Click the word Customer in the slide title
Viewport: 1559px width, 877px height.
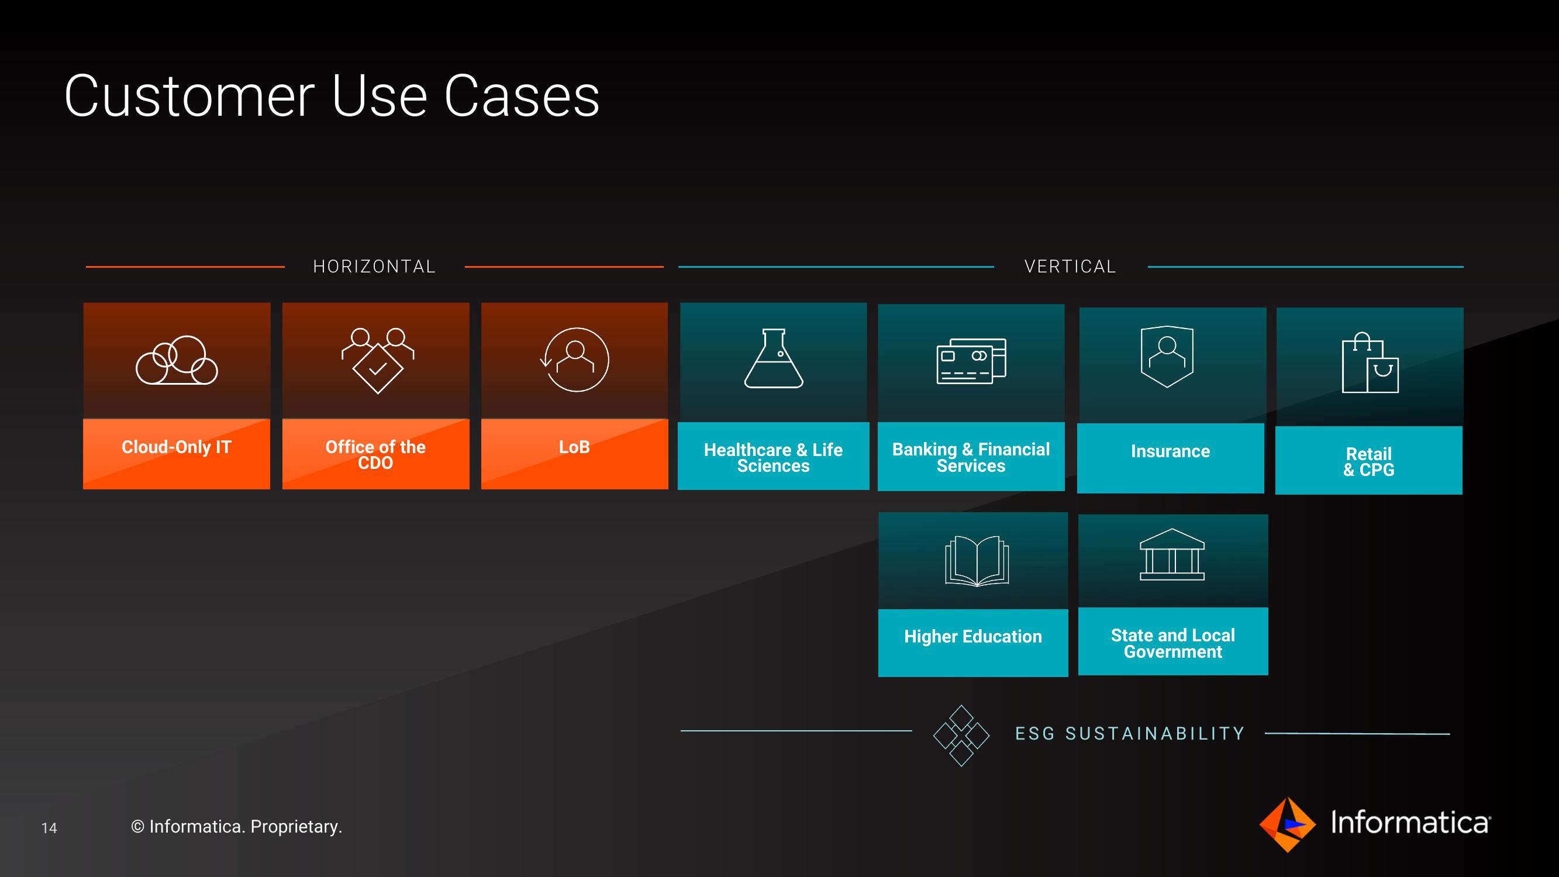[189, 96]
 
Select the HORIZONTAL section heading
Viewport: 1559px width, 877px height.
[374, 266]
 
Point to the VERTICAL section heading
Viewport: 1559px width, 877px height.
[1070, 266]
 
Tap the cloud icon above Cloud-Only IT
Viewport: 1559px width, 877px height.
[177, 360]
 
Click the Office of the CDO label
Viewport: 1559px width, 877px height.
[375, 454]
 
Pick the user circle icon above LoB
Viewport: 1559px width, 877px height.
[575, 360]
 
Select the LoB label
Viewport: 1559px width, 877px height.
[574, 447]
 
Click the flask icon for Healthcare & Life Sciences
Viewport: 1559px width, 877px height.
[774, 358]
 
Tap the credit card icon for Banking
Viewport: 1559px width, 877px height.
[971, 361]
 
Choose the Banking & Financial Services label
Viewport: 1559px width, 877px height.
[971, 457]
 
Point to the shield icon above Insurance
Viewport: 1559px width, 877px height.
[1167, 357]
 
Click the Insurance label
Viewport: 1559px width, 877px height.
[1171, 451]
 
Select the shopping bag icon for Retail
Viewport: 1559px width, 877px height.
[1370, 362]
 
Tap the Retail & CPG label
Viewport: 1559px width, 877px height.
[1369, 462]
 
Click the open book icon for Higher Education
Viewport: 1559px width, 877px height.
[977, 562]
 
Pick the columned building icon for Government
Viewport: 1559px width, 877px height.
[1172, 555]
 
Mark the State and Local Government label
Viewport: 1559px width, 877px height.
[1173, 643]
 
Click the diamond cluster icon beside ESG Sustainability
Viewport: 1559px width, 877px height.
[961, 736]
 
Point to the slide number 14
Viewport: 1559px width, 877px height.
[49, 828]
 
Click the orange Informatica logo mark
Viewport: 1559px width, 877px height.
[1287, 825]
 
